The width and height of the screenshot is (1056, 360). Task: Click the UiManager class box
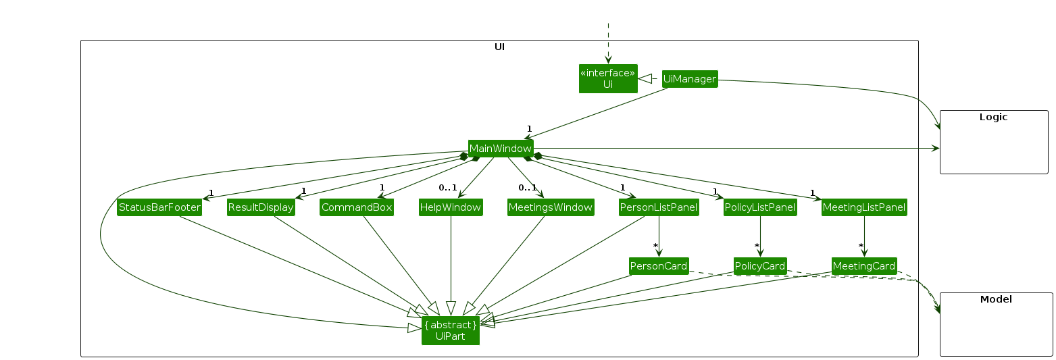pos(689,79)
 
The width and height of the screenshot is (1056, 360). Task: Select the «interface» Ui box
pos(608,78)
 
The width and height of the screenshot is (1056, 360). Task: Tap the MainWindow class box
pos(501,149)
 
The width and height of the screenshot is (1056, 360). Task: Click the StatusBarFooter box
pos(159,207)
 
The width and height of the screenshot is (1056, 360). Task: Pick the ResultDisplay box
pos(261,207)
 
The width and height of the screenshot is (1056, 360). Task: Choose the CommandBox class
pos(357,207)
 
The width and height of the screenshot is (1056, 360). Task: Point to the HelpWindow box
pos(451,207)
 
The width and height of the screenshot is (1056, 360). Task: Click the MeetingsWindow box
pos(551,207)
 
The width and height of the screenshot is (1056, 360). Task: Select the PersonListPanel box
pos(659,207)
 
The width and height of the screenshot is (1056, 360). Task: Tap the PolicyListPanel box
pos(760,207)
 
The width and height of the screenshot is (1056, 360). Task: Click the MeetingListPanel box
pos(864,207)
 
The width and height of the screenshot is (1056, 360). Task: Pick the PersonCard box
pos(659,266)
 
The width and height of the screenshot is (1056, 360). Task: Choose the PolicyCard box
pos(760,266)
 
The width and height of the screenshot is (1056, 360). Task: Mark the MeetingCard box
pos(864,266)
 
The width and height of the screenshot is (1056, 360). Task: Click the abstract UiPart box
pos(451,330)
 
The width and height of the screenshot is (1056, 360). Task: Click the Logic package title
pos(993,117)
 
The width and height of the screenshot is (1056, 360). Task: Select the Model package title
pos(996,299)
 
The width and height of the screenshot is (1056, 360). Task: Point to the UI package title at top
pos(499,47)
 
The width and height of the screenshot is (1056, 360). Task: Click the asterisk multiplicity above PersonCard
pos(655,246)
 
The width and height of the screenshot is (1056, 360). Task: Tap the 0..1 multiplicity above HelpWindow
pos(447,188)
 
